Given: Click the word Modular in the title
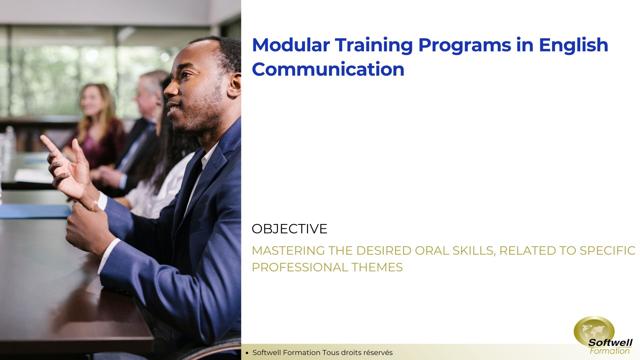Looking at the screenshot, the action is (x=291, y=45).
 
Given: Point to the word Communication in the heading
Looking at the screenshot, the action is (x=328, y=69).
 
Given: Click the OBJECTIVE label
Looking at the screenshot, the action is (x=289, y=229).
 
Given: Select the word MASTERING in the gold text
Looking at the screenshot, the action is (x=288, y=251).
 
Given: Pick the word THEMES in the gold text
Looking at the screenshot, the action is (x=377, y=267).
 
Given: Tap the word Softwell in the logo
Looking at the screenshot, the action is (x=610, y=342).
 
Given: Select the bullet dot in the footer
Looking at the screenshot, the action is (x=247, y=353).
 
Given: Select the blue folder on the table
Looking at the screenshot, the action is (x=35, y=211).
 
